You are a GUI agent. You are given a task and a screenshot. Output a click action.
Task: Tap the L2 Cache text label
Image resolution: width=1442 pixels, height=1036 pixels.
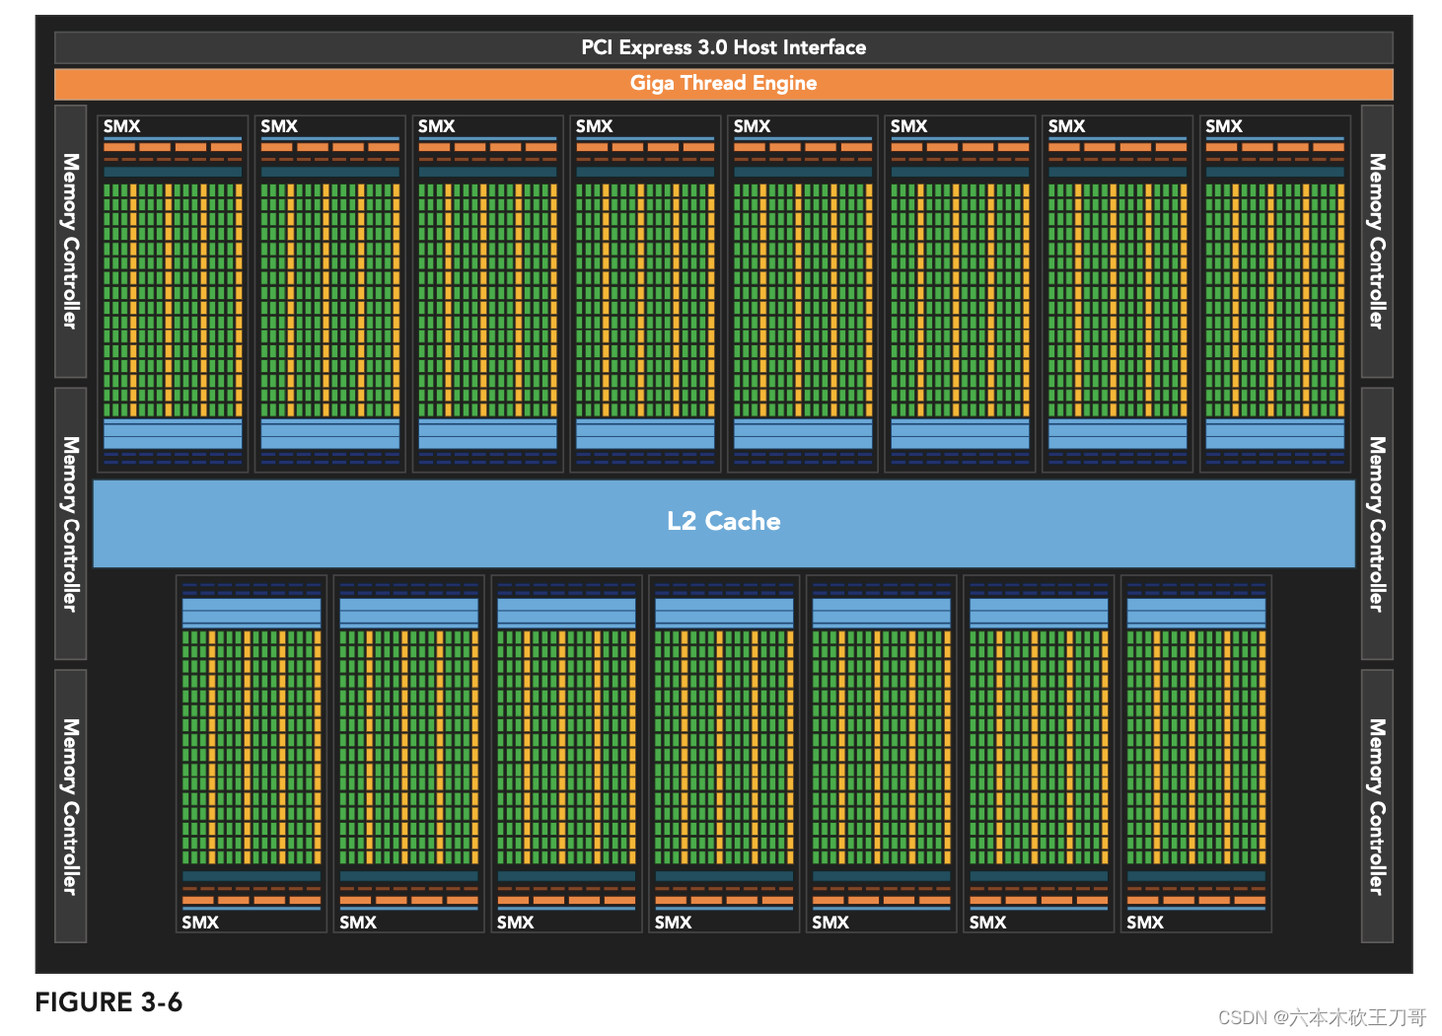pyautogui.click(x=723, y=521)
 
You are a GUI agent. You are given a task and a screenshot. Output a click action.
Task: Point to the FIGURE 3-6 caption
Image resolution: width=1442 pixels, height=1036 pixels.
pyautogui.click(x=108, y=1002)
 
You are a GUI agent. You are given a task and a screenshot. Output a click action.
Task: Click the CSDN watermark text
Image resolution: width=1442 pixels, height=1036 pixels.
pyautogui.click(x=1322, y=1017)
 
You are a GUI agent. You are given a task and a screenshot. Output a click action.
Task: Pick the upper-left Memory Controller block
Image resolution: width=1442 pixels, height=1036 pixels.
pyautogui.click(x=70, y=241)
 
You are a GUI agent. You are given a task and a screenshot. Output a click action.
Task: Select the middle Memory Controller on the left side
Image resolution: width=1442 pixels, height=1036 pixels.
pyautogui.click(x=70, y=523)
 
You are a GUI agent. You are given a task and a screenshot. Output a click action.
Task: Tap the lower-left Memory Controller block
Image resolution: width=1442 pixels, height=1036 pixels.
pyautogui.click(x=70, y=806)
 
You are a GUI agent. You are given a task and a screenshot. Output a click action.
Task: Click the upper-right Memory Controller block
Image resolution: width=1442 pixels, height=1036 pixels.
pyautogui.click(x=1377, y=241)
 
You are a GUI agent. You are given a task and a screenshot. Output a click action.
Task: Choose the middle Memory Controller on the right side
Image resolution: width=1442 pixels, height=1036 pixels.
pyautogui.click(x=1377, y=523)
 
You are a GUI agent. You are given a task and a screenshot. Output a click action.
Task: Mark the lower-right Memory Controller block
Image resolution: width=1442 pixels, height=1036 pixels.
pyautogui.click(x=1377, y=806)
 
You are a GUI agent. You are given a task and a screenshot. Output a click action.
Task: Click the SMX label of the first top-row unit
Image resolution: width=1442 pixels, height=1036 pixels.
pyautogui.click(x=122, y=126)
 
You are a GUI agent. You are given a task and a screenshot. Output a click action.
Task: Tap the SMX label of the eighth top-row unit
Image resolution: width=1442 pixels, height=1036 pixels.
pyautogui.click(x=1224, y=126)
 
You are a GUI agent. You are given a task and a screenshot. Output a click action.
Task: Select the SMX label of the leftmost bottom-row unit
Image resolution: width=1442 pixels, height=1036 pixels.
pyautogui.click(x=200, y=923)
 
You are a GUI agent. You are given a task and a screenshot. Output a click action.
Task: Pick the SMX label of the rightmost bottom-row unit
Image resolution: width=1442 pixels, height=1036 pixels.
pyautogui.click(x=1145, y=923)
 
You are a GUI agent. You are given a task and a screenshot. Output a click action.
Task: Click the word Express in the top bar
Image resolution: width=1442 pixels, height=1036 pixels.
pyautogui.click(x=655, y=47)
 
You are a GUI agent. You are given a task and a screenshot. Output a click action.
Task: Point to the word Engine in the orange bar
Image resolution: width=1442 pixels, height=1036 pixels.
pyautogui.click(x=784, y=83)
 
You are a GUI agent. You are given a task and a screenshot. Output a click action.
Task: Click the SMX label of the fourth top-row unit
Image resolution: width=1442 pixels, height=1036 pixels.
pyautogui.click(x=595, y=126)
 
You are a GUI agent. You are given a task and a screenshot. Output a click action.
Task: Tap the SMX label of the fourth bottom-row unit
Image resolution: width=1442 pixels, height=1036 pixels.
pyautogui.click(x=673, y=923)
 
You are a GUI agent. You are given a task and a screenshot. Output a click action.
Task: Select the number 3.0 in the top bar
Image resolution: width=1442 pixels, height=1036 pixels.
pyautogui.click(x=712, y=47)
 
